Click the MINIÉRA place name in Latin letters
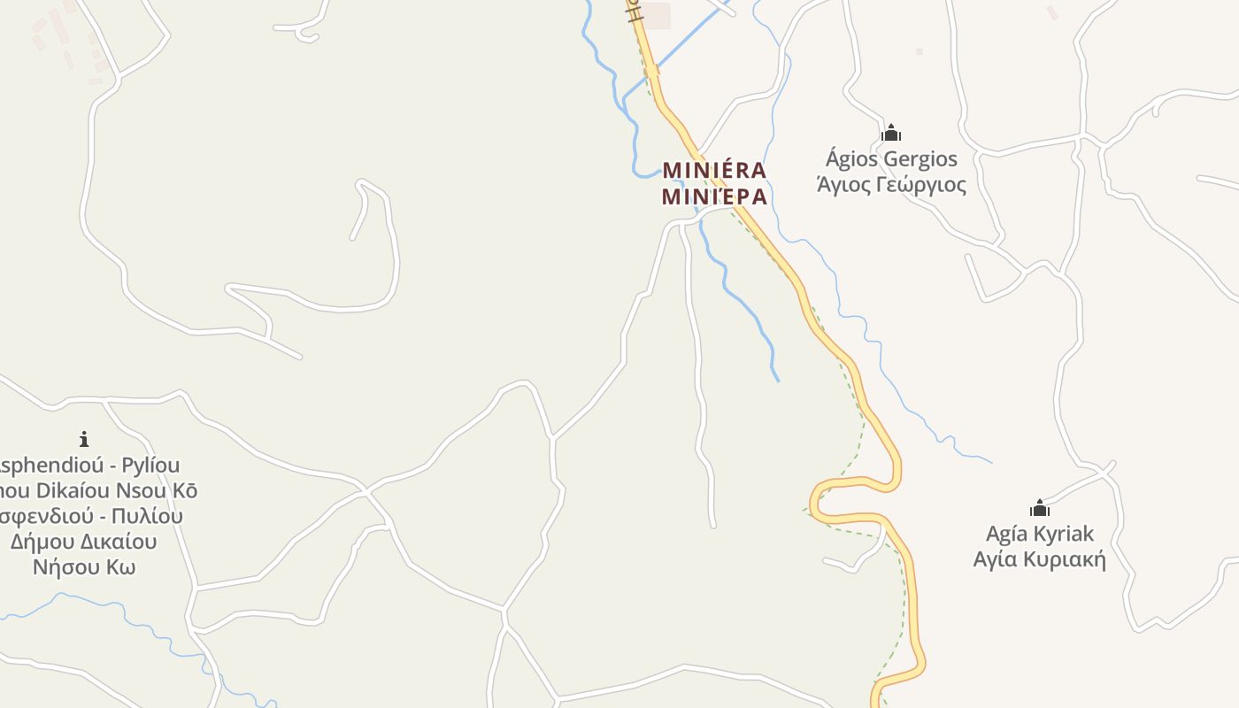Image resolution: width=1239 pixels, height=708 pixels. click(714, 169)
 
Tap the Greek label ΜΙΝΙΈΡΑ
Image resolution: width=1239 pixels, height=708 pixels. click(714, 196)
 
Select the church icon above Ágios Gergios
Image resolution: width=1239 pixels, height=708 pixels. click(891, 133)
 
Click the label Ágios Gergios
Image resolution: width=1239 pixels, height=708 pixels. click(891, 159)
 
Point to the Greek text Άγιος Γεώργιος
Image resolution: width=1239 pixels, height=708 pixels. click(891, 185)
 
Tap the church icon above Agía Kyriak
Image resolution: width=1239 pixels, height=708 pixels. click(1040, 508)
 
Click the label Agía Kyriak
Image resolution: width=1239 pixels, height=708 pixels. click(1040, 534)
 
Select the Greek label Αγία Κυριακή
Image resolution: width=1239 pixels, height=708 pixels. click(1040, 559)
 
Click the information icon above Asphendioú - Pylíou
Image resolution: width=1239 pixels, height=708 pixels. click(84, 438)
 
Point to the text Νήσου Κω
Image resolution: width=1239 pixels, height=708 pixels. click(84, 566)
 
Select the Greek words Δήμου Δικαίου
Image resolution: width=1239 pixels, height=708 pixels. click(84, 541)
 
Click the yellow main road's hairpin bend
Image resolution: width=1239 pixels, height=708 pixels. click(819, 496)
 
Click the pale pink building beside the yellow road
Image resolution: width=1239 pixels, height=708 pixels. click(656, 16)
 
